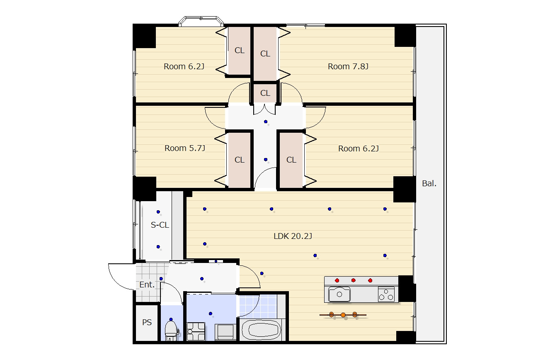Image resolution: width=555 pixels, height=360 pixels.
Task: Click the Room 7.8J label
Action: coord(348,66)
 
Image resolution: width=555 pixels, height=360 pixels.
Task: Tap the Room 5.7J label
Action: coord(185,148)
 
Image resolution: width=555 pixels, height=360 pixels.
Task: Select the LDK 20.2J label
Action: coord(293,236)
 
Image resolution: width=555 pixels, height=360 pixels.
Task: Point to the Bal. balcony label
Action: coord(429,183)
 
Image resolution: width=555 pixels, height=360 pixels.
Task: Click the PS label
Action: coord(147,322)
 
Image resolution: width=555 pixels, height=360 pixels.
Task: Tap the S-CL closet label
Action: coord(160,225)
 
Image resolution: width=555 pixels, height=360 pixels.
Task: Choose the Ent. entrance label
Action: coord(147,285)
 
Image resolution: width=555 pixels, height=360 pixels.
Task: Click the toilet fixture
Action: coord(171,330)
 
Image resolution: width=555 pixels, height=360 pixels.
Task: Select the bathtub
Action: coord(261,329)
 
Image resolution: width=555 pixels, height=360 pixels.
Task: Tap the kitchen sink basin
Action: coord(339,294)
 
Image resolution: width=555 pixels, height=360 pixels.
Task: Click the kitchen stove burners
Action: coord(386,294)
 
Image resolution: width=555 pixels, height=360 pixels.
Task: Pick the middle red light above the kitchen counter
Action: coord(354,280)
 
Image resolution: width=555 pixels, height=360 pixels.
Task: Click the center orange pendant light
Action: coord(343,315)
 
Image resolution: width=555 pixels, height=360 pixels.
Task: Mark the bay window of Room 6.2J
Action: coord(201,21)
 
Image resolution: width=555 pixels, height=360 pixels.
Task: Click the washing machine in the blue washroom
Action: coord(225,331)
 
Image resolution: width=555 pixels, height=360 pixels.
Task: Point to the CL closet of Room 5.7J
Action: coord(239,160)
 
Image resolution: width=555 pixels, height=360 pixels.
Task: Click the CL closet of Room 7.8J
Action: coord(265,54)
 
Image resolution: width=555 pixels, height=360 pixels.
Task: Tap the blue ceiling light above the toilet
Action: coord(171,319)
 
